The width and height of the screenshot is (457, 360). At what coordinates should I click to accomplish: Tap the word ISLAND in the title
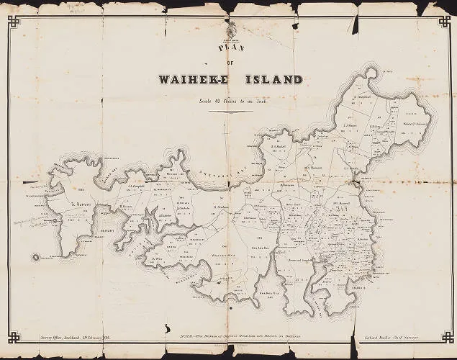(272, 79)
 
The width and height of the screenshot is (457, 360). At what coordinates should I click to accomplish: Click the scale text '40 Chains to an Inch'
(235, 100)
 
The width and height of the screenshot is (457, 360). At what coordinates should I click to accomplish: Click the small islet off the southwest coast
(34, 256)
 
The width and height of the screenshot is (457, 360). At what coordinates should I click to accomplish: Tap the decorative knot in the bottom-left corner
(12, 336)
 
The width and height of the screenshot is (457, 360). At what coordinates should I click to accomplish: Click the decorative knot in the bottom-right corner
(446, 336)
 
